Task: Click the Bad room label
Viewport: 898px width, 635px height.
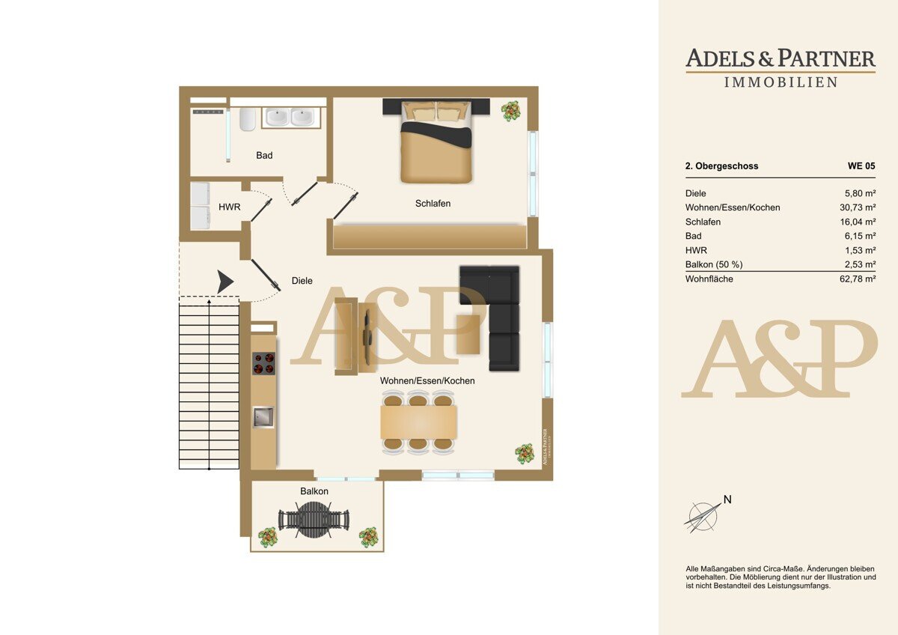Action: tap(264, 155)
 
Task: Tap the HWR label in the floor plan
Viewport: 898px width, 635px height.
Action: tap(229, 207)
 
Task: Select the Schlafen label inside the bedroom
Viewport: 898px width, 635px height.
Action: tap(433, 204)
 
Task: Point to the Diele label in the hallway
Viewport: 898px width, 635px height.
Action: tap(302, 281)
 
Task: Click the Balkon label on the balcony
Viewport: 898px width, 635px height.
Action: tap(314, 491)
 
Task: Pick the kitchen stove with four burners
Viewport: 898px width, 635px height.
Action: tap(263, 363)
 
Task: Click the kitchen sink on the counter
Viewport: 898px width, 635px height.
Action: tap(263, 417)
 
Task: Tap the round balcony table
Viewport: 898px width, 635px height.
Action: tap(314, 520)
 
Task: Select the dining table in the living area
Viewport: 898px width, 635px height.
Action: tap(418, 422)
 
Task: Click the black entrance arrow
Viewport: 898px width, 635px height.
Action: tap(225, 282)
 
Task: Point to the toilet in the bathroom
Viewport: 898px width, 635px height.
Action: tap(248, 119)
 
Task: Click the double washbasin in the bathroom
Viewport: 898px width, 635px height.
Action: tap(291, 118)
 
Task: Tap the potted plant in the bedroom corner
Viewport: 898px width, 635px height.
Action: tap(510, 110)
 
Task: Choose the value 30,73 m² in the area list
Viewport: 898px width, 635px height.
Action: tap(858, 207)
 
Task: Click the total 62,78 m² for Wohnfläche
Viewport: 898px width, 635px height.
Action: tap(858, 279)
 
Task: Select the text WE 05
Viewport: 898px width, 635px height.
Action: tap(861, 165)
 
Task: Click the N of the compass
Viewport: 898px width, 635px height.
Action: tap(727, 499)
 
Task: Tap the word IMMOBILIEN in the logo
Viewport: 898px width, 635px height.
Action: tap(781, 82)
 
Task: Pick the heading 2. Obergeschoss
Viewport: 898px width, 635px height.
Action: tap(721, 166)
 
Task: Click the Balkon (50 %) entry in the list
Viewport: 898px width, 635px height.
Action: tap(714, 264)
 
